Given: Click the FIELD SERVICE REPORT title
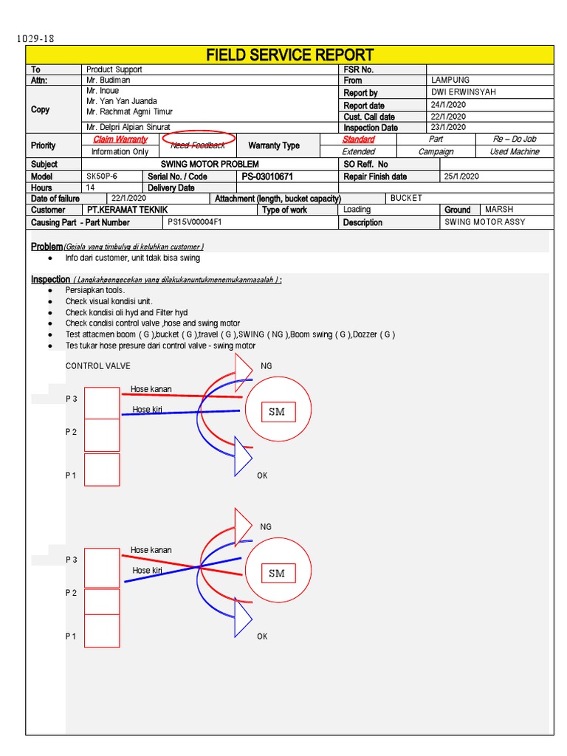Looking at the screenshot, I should [x=289, y=55].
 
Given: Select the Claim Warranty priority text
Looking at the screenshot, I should [x=120, y=139].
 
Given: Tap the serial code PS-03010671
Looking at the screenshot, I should [x=267, y=177].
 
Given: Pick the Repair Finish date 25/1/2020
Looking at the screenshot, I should [x=462, y=176].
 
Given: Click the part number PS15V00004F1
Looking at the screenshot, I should [x=195, y=222].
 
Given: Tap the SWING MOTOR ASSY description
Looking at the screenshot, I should [x=485, y=222].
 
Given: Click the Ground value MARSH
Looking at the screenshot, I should [x=499, y=210].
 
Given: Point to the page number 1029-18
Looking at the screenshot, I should [x=35, y=38].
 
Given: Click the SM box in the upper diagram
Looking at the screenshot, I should [x=277, y=412].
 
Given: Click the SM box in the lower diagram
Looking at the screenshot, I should [x=277, y=573].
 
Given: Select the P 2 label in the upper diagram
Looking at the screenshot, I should [x=71, y=432].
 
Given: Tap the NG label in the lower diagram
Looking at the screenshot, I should [x=266, y=527].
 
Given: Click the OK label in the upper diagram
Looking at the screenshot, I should [x=262, y=476].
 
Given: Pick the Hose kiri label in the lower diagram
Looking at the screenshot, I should [x=147, y=571].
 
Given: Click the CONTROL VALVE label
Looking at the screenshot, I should [x=98, y=365].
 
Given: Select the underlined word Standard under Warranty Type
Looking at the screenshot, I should [x=358, y=139].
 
